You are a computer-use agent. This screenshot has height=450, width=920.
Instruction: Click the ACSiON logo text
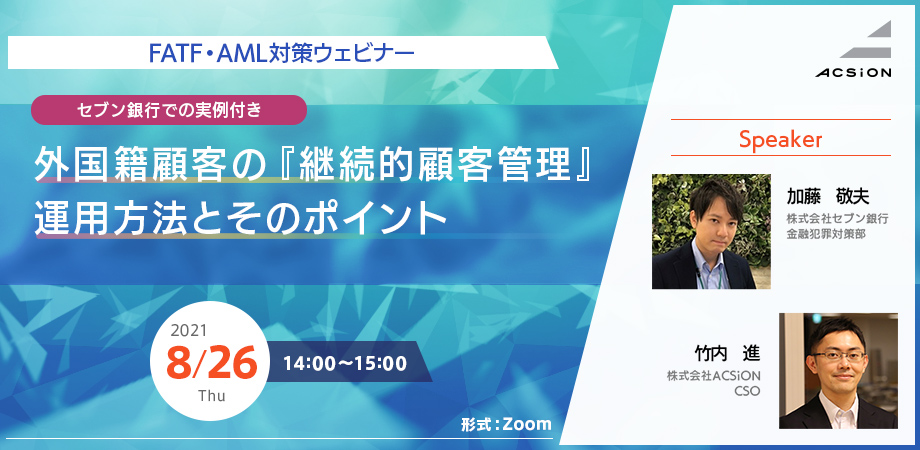click(x=853, y=72)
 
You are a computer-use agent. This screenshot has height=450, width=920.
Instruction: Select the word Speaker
click(x=780, y=140)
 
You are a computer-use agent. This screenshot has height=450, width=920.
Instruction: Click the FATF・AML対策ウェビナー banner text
click(x=281, y=53)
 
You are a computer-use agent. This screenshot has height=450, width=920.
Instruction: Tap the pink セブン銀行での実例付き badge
click(x=169, y=110)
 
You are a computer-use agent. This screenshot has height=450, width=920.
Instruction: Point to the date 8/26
click(x=211, y=363)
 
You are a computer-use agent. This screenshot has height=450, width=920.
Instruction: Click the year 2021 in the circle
click(x=188, y=331)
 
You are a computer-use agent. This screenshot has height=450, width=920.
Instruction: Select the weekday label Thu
click(x=211, y=395)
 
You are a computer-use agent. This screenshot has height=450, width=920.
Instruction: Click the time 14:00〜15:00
click(x=345, y=363)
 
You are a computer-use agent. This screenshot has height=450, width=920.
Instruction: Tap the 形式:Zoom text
click(x=507, y=424)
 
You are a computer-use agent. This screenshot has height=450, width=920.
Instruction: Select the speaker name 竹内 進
click(x=727, y=354)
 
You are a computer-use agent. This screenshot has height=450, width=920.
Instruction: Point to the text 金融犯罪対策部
click(x=817, y=233)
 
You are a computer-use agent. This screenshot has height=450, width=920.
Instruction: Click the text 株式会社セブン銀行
click(x=837, y=218)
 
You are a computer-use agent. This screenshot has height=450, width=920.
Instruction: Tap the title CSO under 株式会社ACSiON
click(x=747, y=391)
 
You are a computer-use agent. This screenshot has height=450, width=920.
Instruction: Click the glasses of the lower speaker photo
click(x=838, y=356)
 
